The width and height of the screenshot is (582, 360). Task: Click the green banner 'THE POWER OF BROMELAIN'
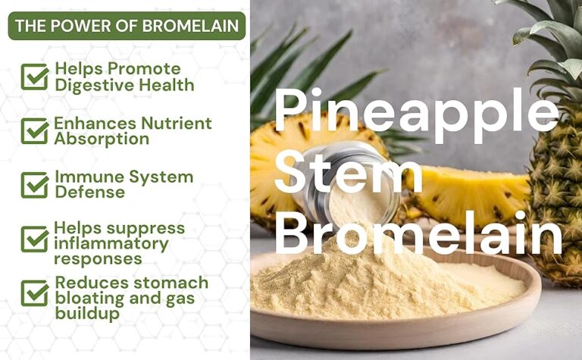127,26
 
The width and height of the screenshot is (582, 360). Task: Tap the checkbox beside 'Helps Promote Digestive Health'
34,77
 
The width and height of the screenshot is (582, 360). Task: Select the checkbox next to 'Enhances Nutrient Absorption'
34,130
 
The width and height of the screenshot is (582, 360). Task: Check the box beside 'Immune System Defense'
34,184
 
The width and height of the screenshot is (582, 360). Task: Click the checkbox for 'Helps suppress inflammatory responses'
34,239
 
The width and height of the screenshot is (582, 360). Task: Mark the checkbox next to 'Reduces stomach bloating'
34,293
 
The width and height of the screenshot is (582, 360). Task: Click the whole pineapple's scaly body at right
557,182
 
